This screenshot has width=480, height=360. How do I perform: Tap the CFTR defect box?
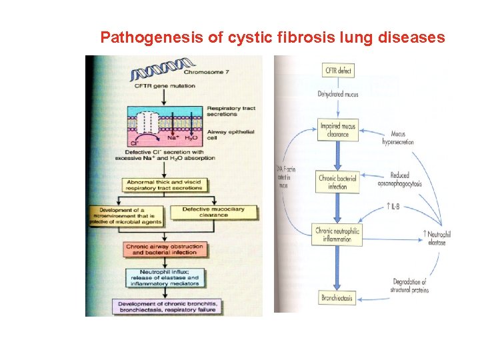(339, 70)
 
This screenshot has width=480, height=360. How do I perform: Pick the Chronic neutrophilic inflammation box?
(339, 235)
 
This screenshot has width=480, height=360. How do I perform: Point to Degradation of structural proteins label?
(410, 286)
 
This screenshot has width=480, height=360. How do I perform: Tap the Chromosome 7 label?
(209, 73)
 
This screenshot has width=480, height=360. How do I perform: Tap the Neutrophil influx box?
(165, 277)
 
